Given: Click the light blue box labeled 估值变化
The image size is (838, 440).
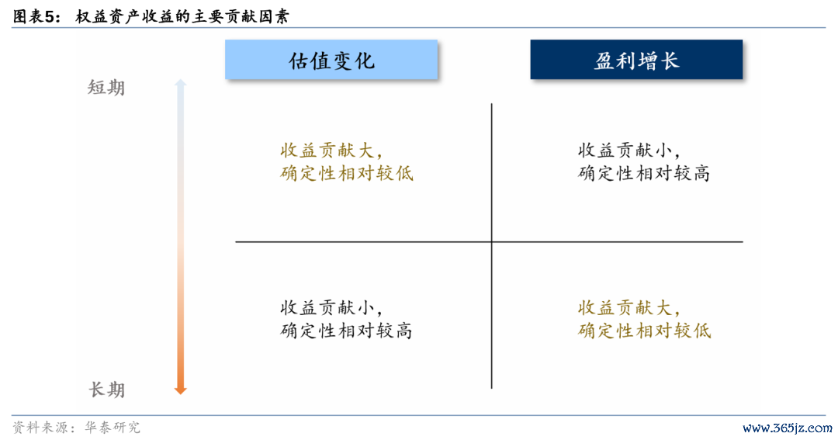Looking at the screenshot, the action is (x=331, y=59).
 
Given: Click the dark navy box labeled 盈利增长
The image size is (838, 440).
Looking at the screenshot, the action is (x=636, y=59).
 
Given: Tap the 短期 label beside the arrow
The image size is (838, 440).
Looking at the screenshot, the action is (x=106, y=88).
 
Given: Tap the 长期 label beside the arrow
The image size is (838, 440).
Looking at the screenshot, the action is (x=106, y=390).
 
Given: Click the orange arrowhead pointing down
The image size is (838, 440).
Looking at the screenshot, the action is (x=181, y=390).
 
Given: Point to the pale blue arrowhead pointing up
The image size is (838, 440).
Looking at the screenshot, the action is (x=181, y=83).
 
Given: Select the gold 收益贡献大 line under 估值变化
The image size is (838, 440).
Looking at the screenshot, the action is (x=332, y=151).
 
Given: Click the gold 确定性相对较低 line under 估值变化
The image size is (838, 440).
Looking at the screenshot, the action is (x=346, y=173).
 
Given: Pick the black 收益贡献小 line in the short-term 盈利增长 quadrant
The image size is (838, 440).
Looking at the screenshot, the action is (x=629, y=151).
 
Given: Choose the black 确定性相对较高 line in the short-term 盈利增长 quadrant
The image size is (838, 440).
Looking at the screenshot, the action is (x=644, y=173).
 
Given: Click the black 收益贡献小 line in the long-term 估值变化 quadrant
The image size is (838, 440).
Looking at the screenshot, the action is (x=332, y=307).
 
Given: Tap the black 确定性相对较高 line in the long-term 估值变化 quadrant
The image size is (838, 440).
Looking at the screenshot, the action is (x=346, y=331).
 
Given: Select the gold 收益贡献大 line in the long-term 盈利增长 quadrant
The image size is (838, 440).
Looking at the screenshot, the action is (x=629, y=307).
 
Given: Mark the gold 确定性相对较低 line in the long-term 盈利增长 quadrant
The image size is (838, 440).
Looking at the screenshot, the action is (x=644, y=331).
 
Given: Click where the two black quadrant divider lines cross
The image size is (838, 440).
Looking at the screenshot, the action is (x=491, y=241).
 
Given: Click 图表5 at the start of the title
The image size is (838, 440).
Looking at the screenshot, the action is (x=36, y=16).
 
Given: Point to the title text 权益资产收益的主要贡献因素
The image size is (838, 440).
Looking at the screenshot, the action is (x=182, y=16).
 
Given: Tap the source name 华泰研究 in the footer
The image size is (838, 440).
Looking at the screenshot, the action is (x=113, y=427).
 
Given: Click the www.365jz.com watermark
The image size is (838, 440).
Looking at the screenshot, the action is (x=788, y=428).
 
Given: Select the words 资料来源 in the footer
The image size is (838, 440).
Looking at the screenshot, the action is (x=40, y=427).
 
